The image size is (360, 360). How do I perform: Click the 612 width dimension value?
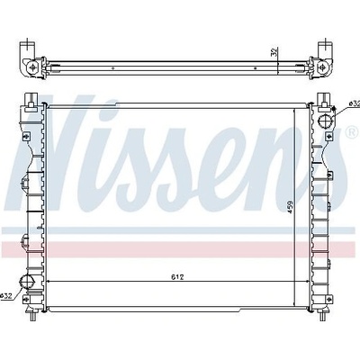click(x=177, y=277)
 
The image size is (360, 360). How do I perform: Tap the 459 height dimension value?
click(x=290, y=207)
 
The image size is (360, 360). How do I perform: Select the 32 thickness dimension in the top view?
click(x=274, y=52)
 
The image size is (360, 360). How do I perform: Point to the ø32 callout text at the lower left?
click(x=6, y=296)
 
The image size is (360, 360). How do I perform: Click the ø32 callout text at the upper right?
click(x=355, y=103)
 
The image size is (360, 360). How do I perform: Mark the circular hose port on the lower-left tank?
click(x=26, y=283)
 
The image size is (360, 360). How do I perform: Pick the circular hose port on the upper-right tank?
click(x=325, y=121)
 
